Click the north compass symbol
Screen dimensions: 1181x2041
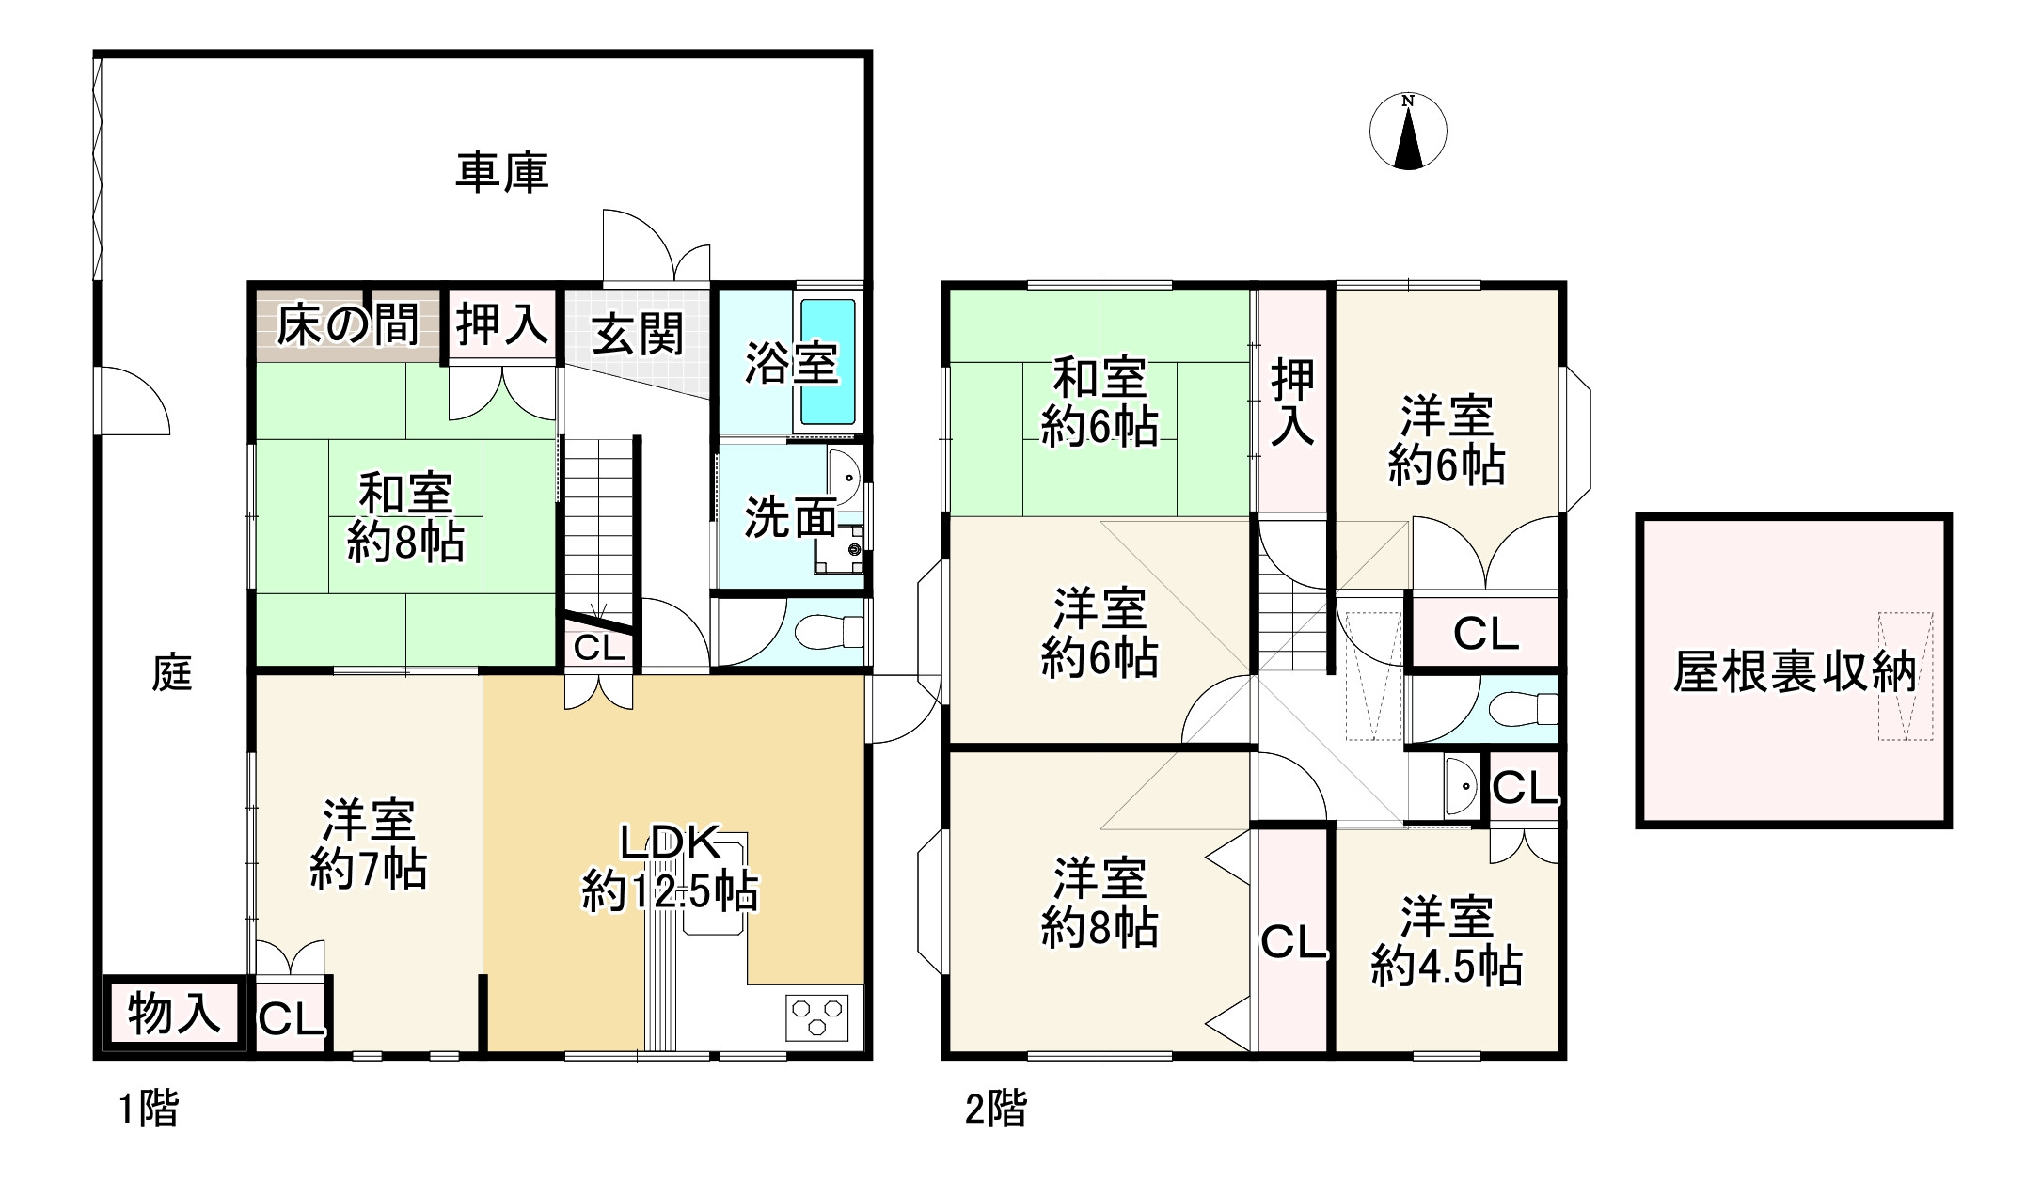(1408, 133)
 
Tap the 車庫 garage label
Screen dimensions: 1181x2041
(501, 173)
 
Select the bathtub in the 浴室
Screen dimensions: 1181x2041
(828, 362)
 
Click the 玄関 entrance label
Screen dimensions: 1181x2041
(638, 335)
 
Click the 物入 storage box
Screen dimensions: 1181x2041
(174, 1014)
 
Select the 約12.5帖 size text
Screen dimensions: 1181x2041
(670, 891)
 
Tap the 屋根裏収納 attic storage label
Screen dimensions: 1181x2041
(1794, 671)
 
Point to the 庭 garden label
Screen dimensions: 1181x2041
(172, 673)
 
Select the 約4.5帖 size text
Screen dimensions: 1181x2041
(1447, 966)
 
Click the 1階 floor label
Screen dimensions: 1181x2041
(149, 1110)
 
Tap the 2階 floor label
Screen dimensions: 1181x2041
(996, 1110)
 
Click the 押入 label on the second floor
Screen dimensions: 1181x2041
(1292, 402)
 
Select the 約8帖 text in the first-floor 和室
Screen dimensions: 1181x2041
(405, 543)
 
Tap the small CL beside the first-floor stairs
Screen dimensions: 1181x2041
(599, 648)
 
